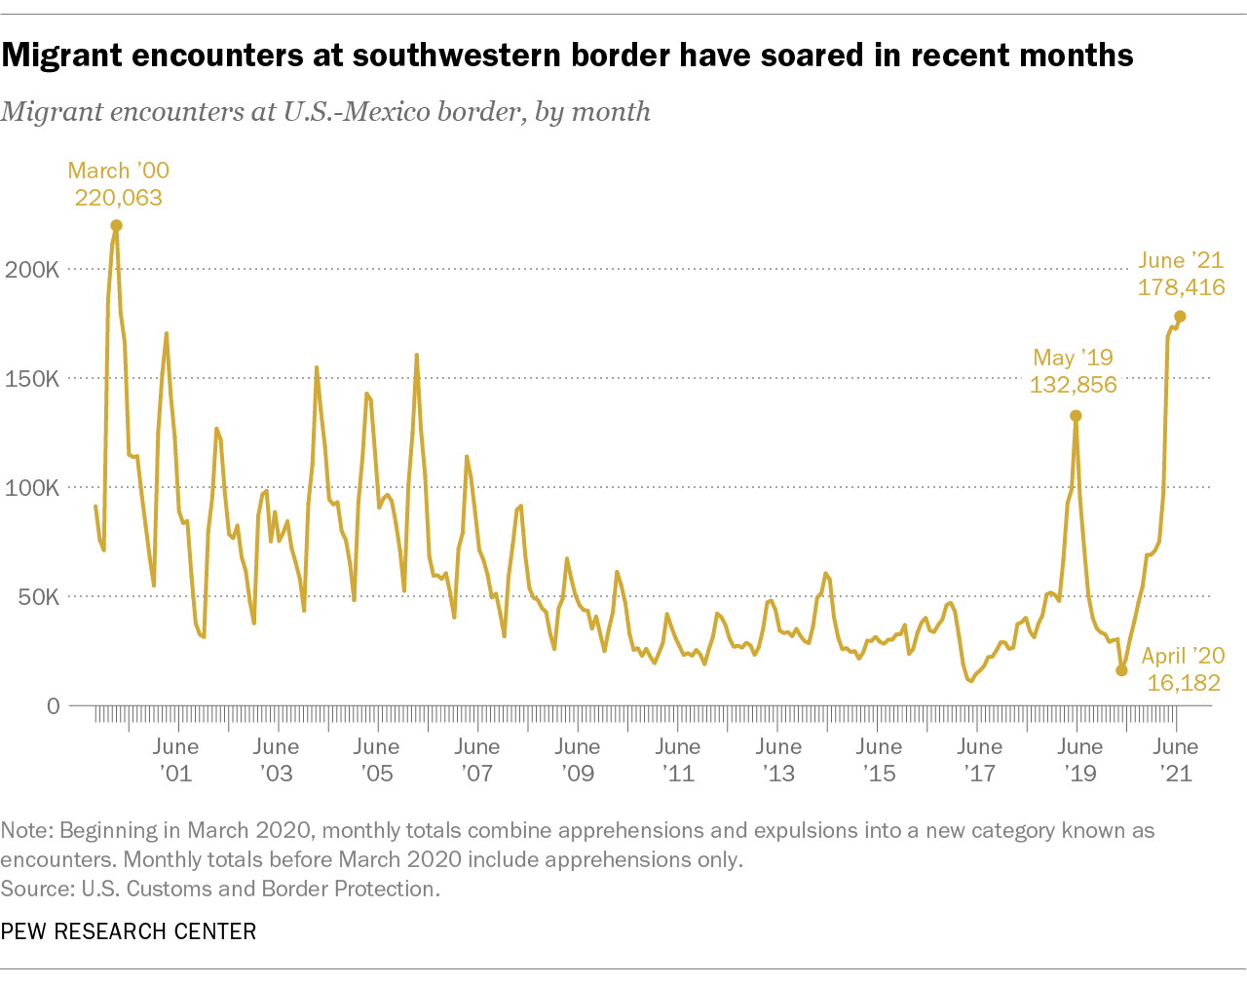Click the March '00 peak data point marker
[x=116, y=225]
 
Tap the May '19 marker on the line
[x=1076, y=416]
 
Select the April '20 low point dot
[x=1121, y=670]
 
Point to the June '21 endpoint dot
[x=1180, y=317]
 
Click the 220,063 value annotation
[x=119, y=198]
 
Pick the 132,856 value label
[x=1073, y=385]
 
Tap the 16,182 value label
[x=1184, y=683]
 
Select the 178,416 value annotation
[x=1181, y=287]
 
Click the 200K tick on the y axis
[x=32, y=269]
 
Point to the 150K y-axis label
[x=32, y=378]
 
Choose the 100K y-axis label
[x=32, y=487]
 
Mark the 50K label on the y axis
[x=39, y=596]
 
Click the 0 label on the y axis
[x=53, y=705]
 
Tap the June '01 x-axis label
[x=175, y=760]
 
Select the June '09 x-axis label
[x=577, y=760]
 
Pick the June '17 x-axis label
[x=979, y=760]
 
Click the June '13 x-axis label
[x=778, y=760]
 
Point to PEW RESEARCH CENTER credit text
[x=129, y=931]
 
